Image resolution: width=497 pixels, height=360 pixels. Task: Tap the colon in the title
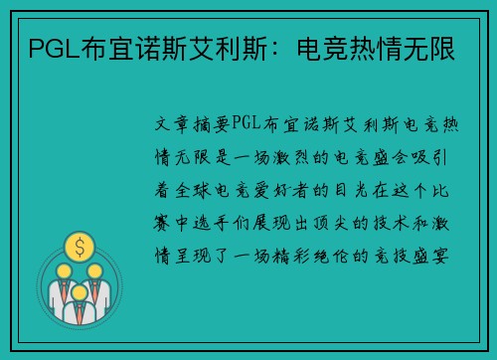275,49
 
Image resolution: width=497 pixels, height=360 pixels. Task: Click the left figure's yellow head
62,270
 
